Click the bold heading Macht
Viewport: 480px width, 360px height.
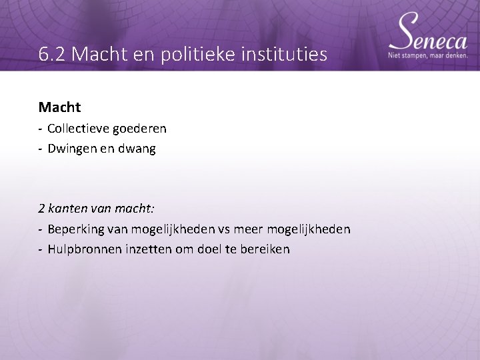coord(59,107)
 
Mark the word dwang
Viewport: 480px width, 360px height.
coord(137,149)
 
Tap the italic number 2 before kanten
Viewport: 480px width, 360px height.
coord(42,209)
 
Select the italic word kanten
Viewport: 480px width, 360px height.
coord(67,209)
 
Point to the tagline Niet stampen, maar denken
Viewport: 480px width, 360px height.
coord(428,56)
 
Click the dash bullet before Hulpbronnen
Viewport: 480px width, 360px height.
coord(41,250)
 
